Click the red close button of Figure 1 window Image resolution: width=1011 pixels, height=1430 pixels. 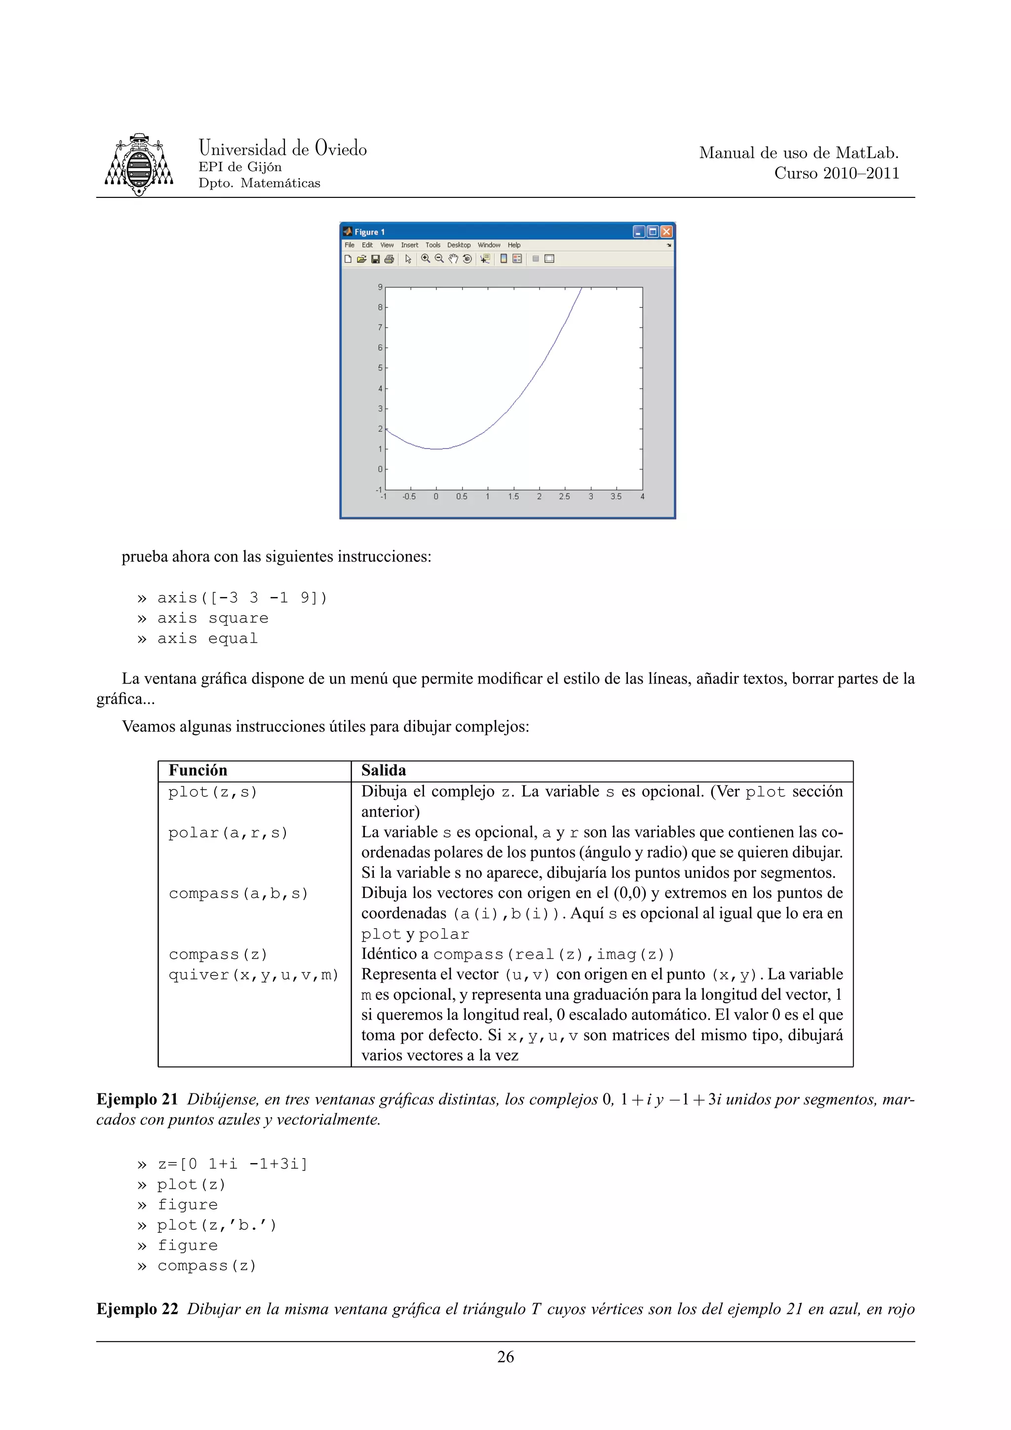click(666, 232)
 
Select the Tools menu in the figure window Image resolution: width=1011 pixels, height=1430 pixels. click(432, 245)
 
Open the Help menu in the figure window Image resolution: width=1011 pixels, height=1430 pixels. click(513, 245)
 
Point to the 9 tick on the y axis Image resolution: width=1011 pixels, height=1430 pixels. click(380, 287)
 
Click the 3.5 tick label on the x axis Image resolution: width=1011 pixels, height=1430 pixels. click(616, 497)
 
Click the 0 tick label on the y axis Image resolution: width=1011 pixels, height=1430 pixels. click(380, 469)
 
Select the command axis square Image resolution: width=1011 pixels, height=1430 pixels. click(212, 618)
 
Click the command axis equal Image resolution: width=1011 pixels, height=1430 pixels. click(207, 639)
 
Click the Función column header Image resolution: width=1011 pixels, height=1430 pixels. click(198, 770)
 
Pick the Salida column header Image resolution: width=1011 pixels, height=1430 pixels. click(383, 770)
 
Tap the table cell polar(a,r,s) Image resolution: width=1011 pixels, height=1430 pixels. click(228, 833)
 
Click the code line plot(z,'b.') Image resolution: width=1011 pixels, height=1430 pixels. click(216, 1226)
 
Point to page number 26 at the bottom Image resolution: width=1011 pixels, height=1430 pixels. click(505, 1357)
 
